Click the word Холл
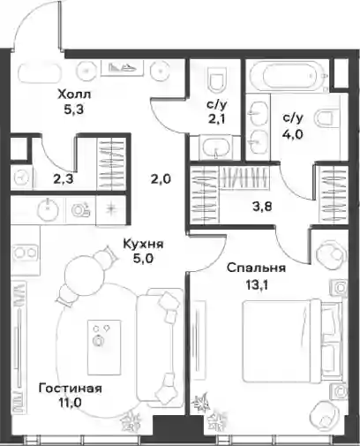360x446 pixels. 75,94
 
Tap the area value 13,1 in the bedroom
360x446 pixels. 257,285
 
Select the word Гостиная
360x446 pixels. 71,389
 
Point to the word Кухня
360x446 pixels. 143,244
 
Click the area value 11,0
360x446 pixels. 71,403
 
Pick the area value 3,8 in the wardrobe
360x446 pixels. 262,207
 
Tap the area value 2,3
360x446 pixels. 64,178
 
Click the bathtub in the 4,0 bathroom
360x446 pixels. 289,77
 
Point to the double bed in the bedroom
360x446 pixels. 292,341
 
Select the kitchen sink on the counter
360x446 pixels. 48,210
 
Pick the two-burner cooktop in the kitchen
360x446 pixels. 25,253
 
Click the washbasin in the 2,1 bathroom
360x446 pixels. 216,147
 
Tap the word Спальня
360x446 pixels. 256,268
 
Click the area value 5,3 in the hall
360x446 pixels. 74,110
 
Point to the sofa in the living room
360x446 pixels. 161,346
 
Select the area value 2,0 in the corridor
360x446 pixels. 161,178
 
